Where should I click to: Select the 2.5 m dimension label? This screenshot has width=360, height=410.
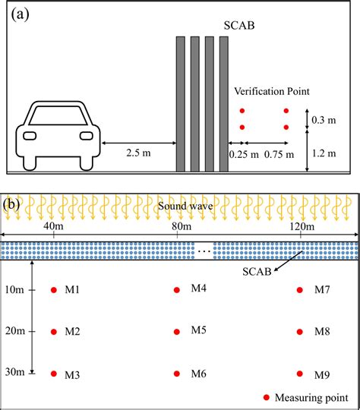pos(139,153)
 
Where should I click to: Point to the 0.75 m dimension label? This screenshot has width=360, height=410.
pos(277,153)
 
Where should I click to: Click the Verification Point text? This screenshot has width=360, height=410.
pos(272,91)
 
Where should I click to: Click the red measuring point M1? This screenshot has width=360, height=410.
pos(54,290)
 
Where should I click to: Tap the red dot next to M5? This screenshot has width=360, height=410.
pos(177,331)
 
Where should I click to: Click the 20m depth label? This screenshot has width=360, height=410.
pos(15,331)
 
